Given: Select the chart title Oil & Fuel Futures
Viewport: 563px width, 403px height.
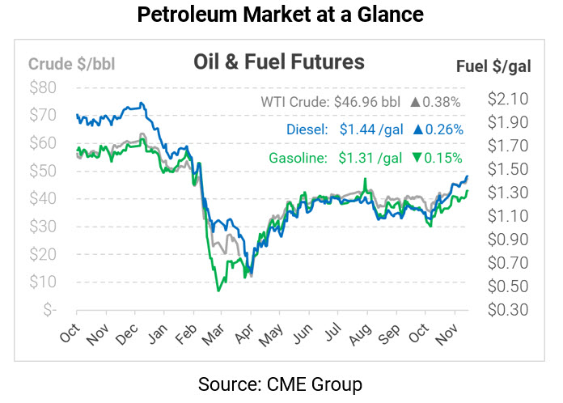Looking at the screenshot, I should [x=278, y=62].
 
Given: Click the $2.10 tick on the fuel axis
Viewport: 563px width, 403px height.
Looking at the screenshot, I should [x=508, y=99].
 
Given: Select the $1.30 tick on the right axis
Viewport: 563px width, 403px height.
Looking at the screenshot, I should [x=508, y=193].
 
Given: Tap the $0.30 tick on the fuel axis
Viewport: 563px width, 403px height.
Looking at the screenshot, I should [x=508, y=309].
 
